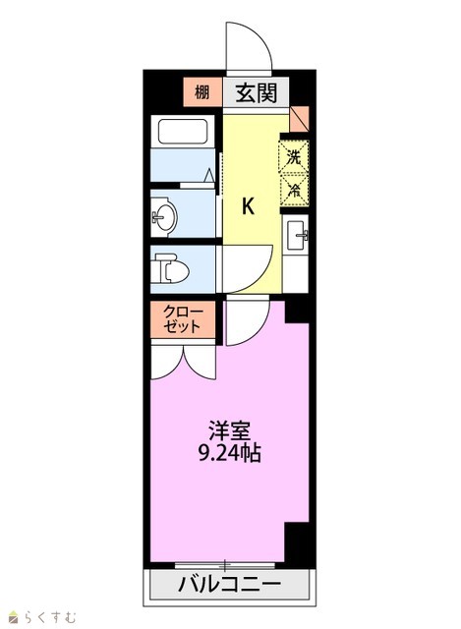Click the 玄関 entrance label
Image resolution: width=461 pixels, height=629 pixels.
coord(256,93)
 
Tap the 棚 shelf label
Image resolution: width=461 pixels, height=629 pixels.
coord(202,92)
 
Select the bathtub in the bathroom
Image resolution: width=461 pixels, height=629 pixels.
coord(183,131)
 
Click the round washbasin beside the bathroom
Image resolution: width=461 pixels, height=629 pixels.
coord(166,218)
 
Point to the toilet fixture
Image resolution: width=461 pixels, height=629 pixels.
coord(172,268)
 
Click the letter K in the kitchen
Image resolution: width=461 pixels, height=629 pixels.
coord(248,207)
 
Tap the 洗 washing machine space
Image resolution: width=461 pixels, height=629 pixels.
coord(294,157)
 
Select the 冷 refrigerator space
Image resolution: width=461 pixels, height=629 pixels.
coord(294,190)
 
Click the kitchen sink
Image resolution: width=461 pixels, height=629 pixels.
coord(297,235)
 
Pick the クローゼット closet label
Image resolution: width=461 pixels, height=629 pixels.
coord(184,318)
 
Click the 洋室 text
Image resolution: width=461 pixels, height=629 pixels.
coord(229,430)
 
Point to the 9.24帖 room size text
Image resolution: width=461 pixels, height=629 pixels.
coord(230,453)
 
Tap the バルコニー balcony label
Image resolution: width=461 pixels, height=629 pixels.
coord(229,585)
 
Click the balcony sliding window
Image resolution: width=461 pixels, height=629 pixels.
coord(225,566)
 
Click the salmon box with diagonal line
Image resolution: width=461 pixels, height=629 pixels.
coord(300,119)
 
